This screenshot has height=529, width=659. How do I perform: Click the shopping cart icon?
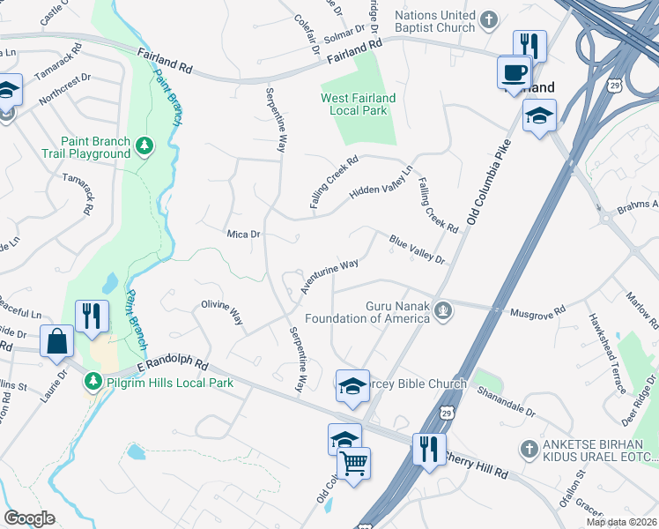point(353,462)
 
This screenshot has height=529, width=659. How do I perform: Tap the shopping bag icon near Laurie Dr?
point(56,342)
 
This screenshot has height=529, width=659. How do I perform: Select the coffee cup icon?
point(514,71)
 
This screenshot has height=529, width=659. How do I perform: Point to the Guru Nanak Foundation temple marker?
point(445,309)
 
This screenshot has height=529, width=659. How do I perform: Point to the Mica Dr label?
point(244,235)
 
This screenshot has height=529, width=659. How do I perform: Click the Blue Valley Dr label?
point(417,248)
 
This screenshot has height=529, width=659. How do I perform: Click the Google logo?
point(29,518)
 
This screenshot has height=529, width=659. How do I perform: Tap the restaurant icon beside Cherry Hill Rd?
point(429,448)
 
